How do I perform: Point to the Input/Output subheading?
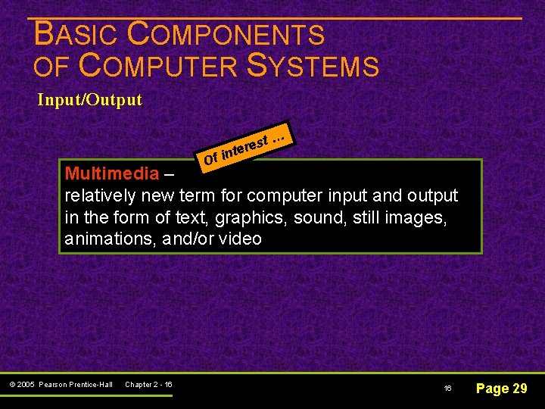tap(90, 100)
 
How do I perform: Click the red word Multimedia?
tap(112, 173)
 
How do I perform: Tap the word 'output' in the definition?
tap(432, 196)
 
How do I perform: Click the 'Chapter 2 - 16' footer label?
tap(148, 385)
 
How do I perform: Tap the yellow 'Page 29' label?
tap(500, 389)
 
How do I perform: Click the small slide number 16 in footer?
tap(447, 389)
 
